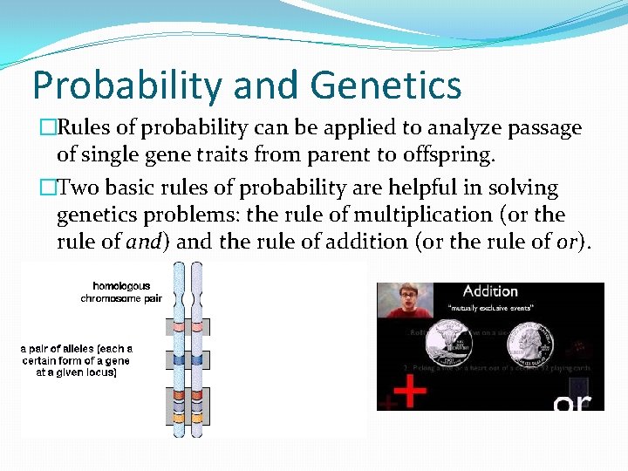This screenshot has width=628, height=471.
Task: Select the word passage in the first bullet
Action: click(539, 128)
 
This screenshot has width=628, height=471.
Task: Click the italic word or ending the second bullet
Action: click(565, 242)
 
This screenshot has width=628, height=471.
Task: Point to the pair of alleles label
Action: click(77, 360)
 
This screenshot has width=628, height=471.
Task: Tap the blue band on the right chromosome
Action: click(196, 359)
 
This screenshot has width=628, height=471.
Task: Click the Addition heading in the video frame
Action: click(489, 291)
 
